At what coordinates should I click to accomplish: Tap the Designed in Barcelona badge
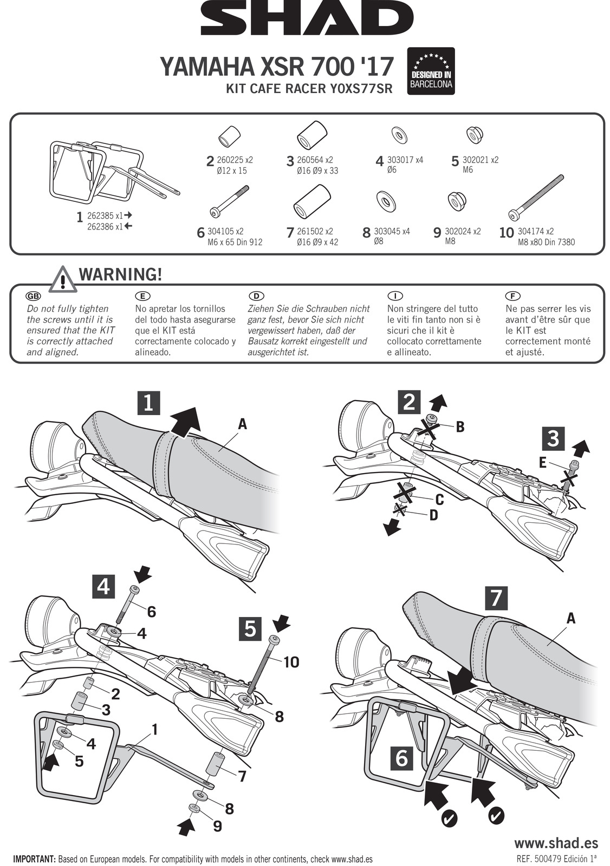(431, 71)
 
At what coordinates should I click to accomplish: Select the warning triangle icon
(63, 280)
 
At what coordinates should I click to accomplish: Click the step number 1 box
(148, 403)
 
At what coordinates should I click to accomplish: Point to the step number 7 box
(496, 599)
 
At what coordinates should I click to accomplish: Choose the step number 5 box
(250, 629)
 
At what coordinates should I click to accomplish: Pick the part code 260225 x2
(235, 160)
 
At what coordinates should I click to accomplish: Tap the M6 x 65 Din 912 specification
(235, 242)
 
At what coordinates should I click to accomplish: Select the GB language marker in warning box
(34, 296)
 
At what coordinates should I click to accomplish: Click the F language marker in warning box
(512, 296)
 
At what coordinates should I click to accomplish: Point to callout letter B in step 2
(460, 427)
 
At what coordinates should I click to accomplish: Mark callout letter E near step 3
(542, 462)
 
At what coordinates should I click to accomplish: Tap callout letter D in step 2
(433, 516)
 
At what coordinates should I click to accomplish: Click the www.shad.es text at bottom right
(556, 843)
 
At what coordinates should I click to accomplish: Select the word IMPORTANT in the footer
(34, 859)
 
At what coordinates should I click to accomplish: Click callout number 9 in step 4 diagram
(217, 826)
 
